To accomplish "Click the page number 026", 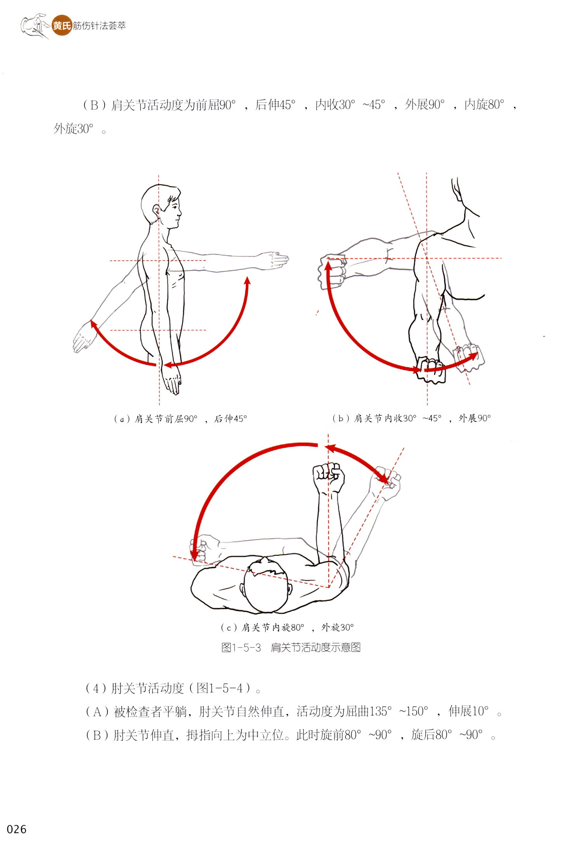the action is coord(17,829).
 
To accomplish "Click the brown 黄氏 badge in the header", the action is coord(62,26).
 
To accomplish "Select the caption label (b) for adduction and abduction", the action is coord(340,418).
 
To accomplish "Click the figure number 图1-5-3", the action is coord(241,647).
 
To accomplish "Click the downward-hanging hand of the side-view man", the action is coord(171,381).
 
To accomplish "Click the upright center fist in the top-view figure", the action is coord(329,477).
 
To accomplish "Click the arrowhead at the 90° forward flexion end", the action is coord(247,280).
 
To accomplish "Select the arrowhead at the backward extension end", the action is coord(94,324).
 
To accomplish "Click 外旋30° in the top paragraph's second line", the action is coord(74,129).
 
